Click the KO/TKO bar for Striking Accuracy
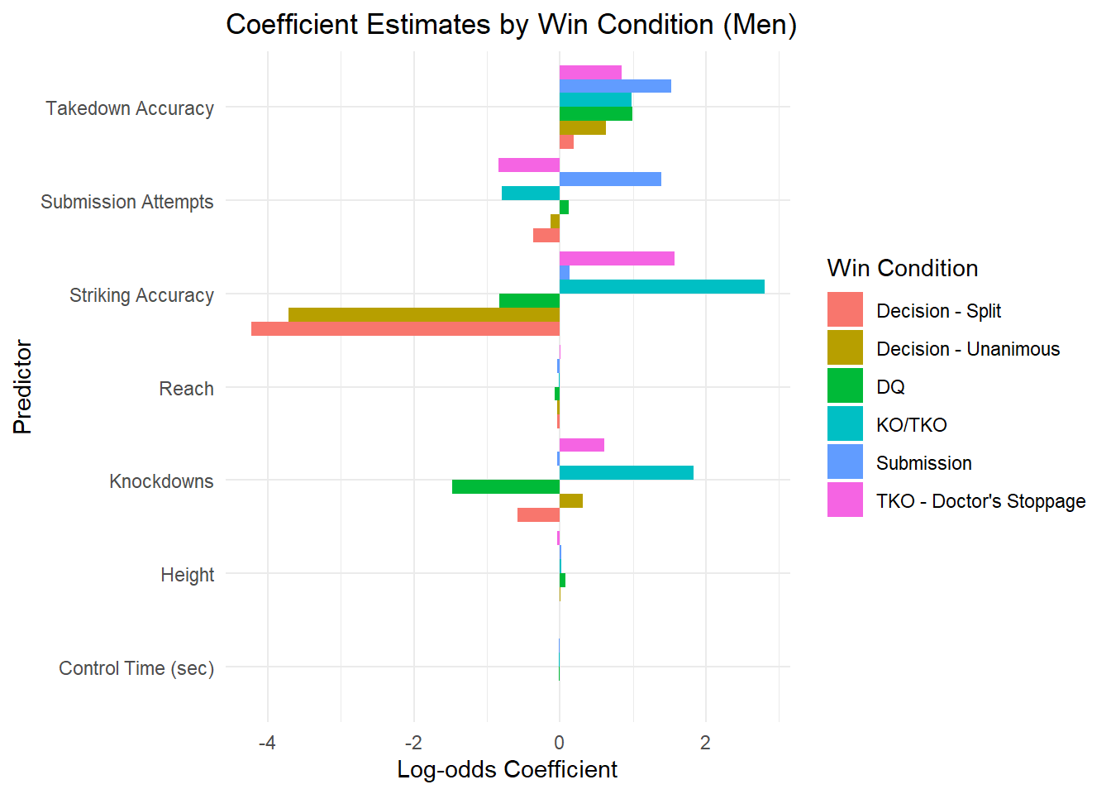pyautogui.click(x=661, y=287)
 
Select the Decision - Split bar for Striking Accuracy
pyautogui.click(x=405, y=329)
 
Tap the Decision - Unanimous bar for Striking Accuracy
pyautogui.click(x=423, y=315)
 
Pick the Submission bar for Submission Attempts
pyautogui.click(x=610, y=179)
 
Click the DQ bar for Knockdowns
pyautogui.click(x=505, y=487)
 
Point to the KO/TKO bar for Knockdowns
pyautogui.click(x=626, y=473)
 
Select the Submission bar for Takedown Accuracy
pyautogui.click(x=615, y=86)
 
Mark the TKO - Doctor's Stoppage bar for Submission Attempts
pyautogui.click(x=529, y=165)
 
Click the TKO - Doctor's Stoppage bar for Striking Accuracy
pyautogui.click(x=617, y=259)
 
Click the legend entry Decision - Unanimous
pyautogui.click(x=967, y=349)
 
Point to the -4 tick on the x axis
pyautogui.click(x=267, y=743)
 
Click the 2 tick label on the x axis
pyautogui.click(x=705, y=743)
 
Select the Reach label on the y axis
pyautogui.click(x=186, y=389)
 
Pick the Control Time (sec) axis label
pyautogui.click(x=136, y=668)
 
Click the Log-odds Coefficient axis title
pyautogui.click(x=507, y=770)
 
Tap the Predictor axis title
pyautogui.click(x=22, y=387)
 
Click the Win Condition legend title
pyautogui.click(x=902, y=269)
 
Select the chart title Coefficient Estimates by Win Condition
pyautogui.click(x=511, y=25)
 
